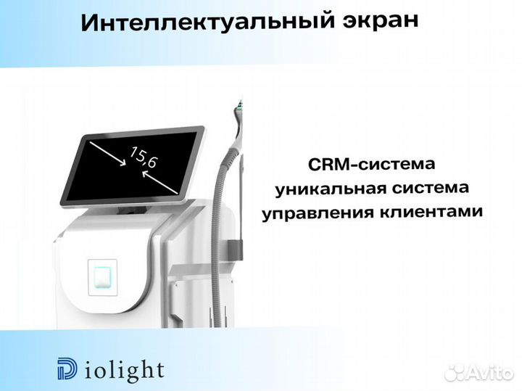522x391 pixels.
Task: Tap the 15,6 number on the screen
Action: tap(143, 157)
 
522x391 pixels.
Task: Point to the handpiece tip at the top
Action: tap(236, 109)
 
